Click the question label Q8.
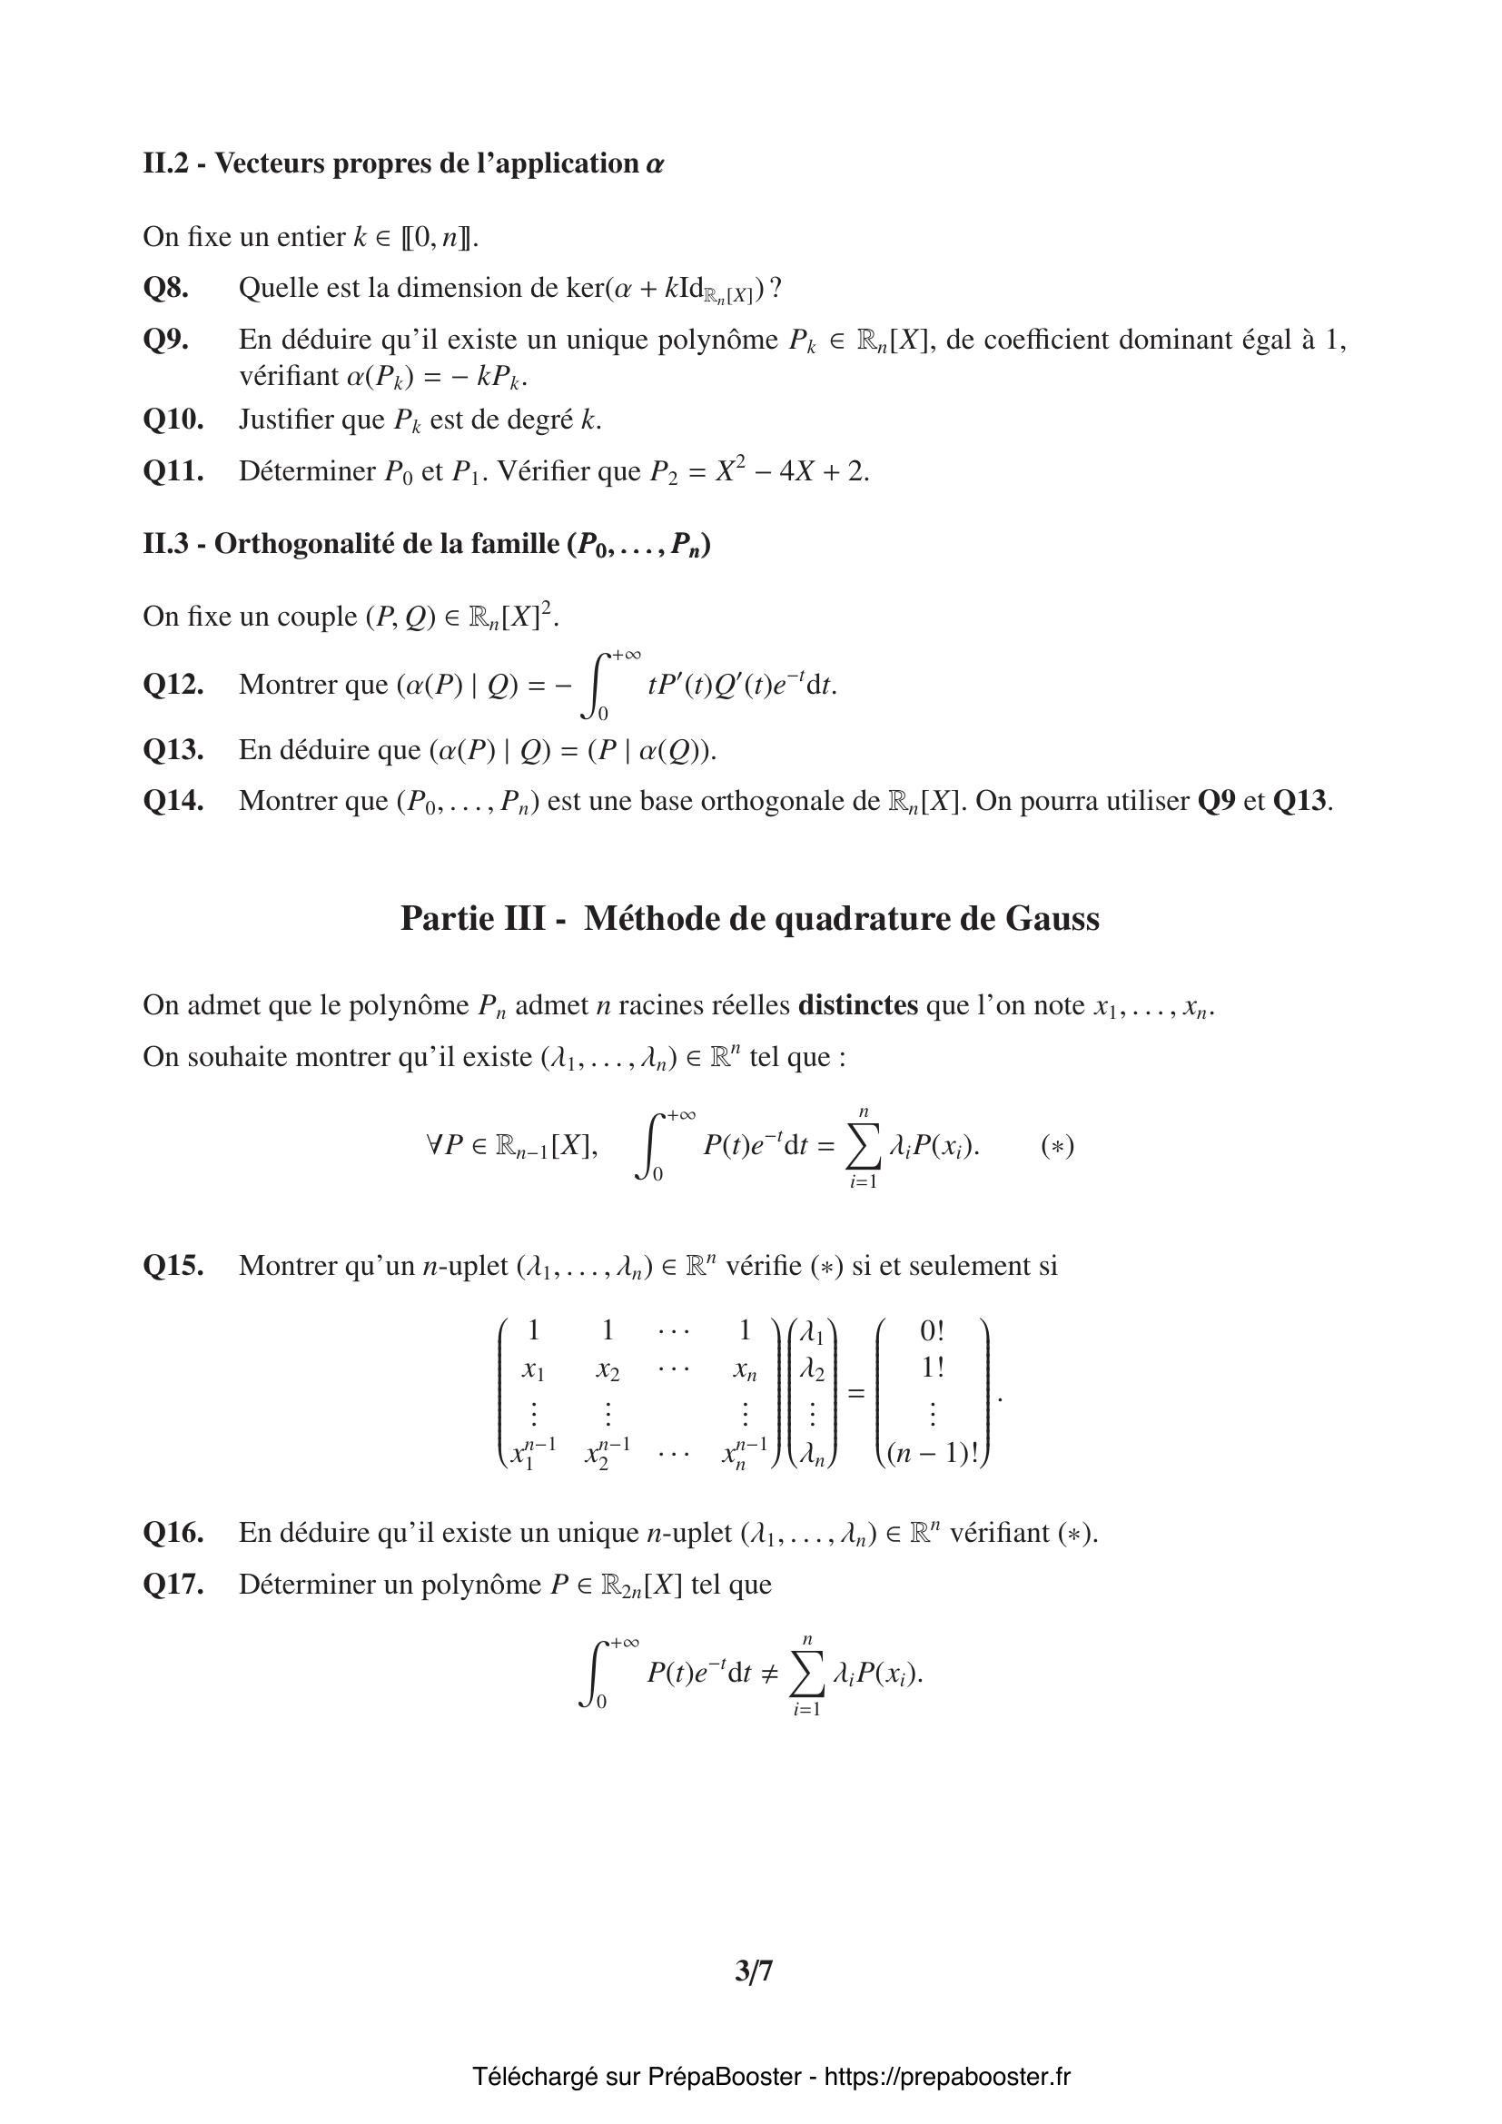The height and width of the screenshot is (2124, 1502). tap(165, 289)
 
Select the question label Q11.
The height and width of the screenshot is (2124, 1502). tap(173, 472)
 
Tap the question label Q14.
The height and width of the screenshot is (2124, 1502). tap(173, 801)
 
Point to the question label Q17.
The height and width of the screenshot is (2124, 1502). tap(173, 1585)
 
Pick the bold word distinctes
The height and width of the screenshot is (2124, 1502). tap(857, 1005)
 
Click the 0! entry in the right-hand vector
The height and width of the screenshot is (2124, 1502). tap(933, 1331)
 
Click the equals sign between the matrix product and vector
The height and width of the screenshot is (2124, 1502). tap(856, 1392)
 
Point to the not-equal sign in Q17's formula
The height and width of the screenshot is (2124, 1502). tap(768, 1674)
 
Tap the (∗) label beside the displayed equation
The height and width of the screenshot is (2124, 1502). tap(1057, 1147)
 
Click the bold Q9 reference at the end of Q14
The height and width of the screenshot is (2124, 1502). tap(1216, 801)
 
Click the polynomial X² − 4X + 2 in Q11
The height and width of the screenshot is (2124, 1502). tap(793, 472)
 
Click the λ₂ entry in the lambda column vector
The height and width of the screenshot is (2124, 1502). tap(811, 1370)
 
